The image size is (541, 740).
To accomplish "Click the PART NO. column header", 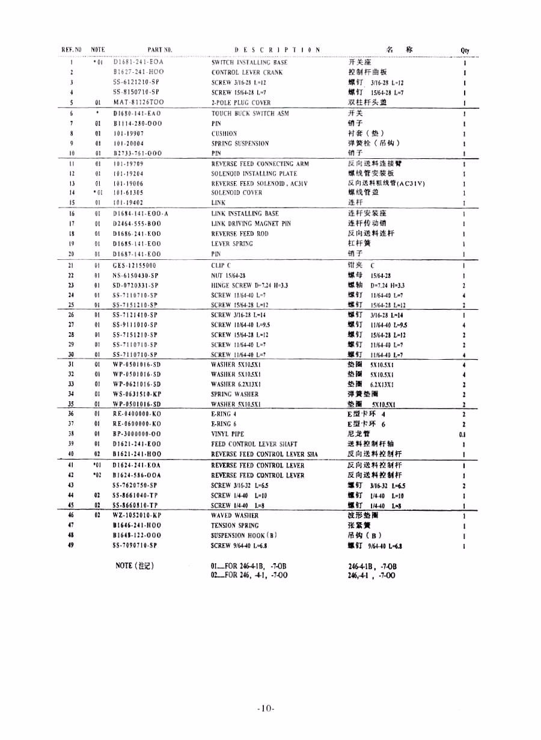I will [x=160, y=50].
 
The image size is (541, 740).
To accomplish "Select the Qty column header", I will [x=465, y=51].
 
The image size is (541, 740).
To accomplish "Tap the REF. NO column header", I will [x=71, y=50].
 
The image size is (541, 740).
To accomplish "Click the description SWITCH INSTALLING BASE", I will [x=249, y=63].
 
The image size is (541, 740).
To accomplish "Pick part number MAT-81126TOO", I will [x=138, y=103].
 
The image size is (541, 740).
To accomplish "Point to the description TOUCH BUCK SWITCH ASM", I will [x=250, y=113].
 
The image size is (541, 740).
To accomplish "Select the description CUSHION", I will [x=224, y=134].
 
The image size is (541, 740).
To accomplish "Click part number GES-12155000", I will [x=135, y=265].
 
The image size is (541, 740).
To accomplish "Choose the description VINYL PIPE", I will [x=228, y=434].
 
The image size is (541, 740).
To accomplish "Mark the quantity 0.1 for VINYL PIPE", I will [x=463, y=434].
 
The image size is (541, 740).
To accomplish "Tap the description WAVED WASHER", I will [x=235, y=516].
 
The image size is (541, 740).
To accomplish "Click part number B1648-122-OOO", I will [x=137, y=535].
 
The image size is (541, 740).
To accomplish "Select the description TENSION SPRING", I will [x=236, y=525].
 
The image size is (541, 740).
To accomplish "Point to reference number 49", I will [x=71, y=546].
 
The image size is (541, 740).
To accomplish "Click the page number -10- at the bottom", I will [x=266, y=708].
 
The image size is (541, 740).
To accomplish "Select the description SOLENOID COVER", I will [x=237, y=193].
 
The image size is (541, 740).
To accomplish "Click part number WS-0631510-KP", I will [x=137, y=394].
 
